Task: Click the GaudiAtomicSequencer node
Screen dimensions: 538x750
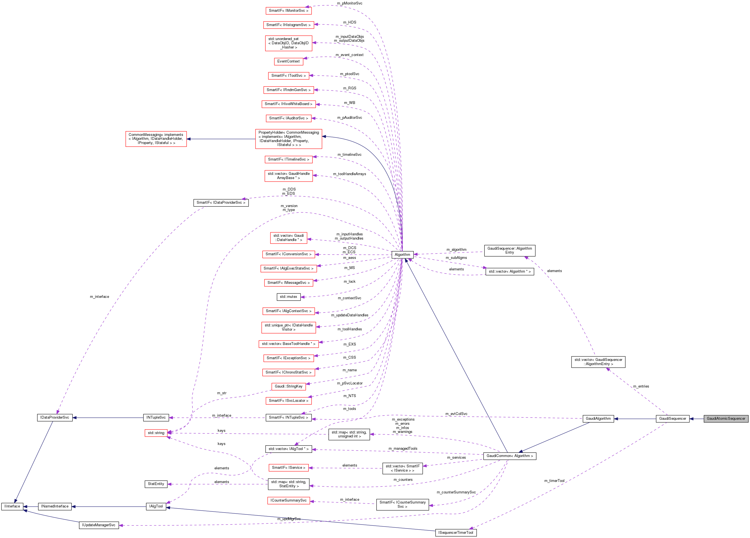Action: click(x=726, y=419)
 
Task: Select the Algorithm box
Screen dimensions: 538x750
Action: click(x=402, y=255)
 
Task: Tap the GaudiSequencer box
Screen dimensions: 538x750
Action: click(x=672, y=419)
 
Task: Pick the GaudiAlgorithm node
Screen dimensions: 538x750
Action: click(x=598, y=419)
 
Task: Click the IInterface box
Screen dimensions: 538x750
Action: click(x=12, y=506)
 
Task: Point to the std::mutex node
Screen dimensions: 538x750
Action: click(x=288, y=297)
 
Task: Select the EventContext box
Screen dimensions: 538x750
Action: click(x=288, y=61)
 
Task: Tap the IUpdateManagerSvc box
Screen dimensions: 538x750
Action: click(x=99, y=525)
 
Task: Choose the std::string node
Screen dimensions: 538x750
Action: click(x=156, y=433)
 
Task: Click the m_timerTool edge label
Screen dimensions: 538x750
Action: click(x=554, y=481)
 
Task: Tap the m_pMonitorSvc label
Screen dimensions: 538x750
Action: click(x=350, y=3)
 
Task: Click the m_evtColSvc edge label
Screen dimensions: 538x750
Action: click(x=456, y=414)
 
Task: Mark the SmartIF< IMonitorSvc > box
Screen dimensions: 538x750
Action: click(x=288, y=11)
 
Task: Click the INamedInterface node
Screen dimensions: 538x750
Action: click(x=55, y=506)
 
